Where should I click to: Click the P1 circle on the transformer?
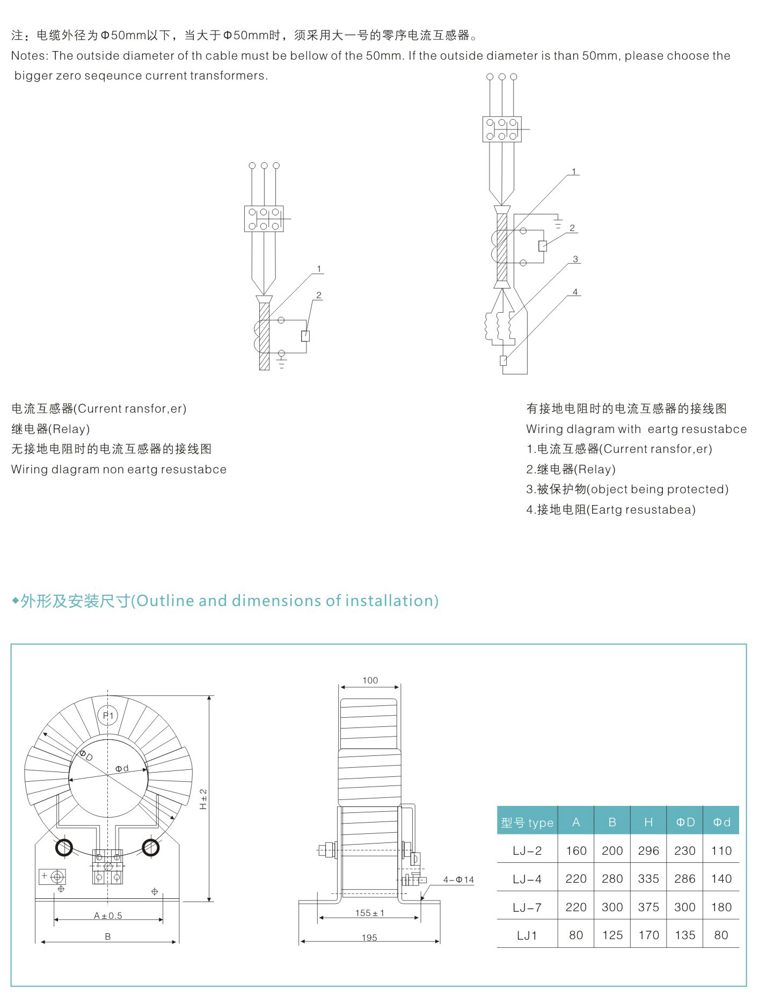108,715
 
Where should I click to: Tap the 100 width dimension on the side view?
370,680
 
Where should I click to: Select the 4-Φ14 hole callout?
458,880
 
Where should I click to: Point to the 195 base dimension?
369,938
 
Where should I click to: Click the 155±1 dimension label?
370,913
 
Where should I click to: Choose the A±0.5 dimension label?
108,916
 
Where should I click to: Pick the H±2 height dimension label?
203,799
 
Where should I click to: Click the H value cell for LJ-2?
648,850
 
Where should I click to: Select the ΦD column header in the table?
685,822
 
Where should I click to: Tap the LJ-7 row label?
527,907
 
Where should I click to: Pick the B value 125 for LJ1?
612,935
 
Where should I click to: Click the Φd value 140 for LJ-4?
721,878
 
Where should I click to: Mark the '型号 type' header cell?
527,823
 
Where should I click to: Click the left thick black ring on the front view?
64,848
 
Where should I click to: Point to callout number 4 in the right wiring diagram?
575,292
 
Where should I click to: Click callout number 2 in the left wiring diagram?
319,295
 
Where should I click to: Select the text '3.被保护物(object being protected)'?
627,489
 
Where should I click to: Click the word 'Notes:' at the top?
30,56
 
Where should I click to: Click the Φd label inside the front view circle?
122,768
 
